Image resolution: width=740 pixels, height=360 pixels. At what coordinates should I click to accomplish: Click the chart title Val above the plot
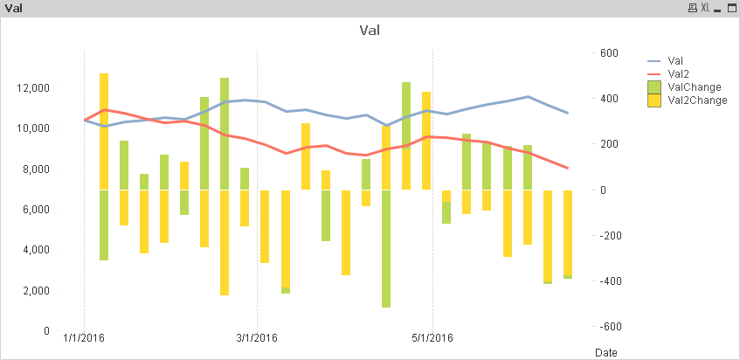(x=370, y=31)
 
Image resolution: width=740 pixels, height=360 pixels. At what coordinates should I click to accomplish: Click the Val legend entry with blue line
(x=674, y=61)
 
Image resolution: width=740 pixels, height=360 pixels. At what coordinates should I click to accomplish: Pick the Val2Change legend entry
(x=696, y=100)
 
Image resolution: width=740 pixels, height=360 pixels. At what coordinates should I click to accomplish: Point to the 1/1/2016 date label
(x=85, y=338)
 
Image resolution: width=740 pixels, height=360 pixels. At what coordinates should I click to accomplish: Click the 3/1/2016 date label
(x=257, y=338)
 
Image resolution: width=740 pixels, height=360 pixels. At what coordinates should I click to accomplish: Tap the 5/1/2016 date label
(x=432, y=338)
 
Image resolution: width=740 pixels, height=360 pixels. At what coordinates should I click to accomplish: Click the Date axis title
(x=605, y=352)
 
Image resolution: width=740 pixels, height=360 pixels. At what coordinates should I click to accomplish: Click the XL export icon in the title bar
(x=705, y=8)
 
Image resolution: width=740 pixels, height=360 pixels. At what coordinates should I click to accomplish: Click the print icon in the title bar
(x=693, y=8)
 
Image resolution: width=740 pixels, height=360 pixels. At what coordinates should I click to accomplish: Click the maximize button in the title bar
(x=730, y=8)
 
